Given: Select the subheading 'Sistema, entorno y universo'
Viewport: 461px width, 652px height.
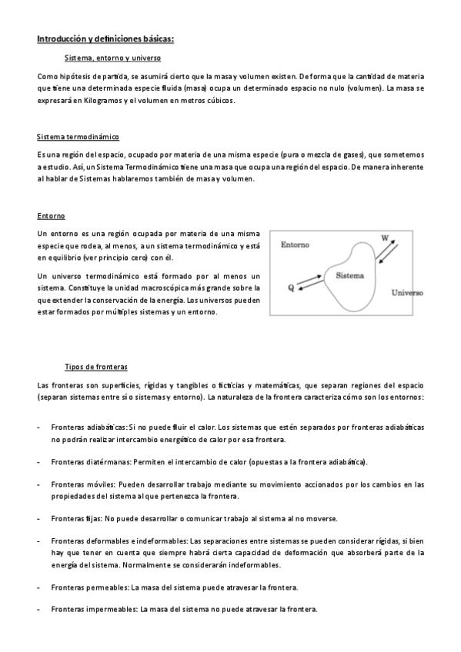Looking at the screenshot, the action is [x=112, y=58].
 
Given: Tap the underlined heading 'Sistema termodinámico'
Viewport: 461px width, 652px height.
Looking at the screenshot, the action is [x=78, y=137].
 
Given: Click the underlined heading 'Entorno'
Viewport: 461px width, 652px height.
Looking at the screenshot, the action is [x=51, y=216].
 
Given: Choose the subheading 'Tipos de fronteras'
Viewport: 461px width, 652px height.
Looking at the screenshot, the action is [x=96, y=366].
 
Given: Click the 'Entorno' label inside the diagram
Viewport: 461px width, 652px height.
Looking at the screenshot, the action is [x=295, y=245].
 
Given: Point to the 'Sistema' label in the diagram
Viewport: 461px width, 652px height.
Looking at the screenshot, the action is [x=350, y=274].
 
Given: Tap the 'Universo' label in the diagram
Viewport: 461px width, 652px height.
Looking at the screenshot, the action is [x=408, y=293].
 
